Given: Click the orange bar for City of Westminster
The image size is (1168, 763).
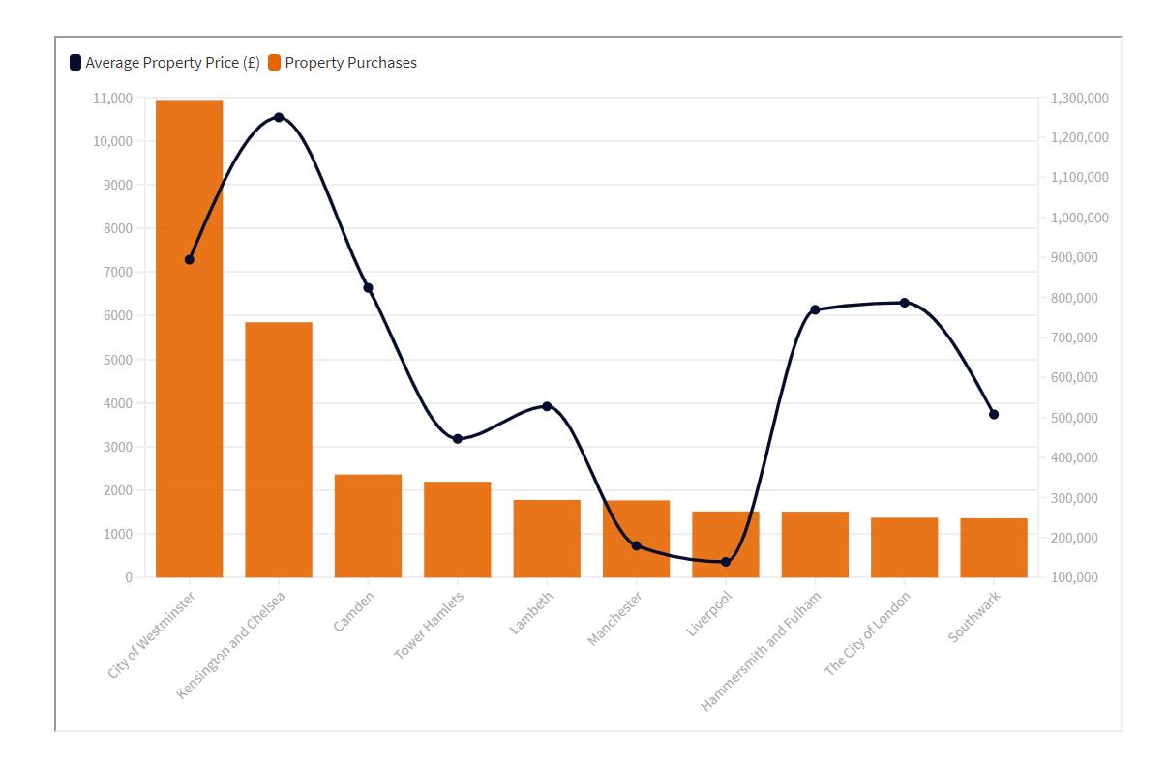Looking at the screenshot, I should (189, 338).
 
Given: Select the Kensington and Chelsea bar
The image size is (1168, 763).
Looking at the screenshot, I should (279, 450).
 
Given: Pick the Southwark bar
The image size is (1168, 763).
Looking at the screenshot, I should (994, 547).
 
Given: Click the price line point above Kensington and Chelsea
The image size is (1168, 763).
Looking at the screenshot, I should (279, 117).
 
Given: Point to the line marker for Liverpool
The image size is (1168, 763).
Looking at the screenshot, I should (726, 562).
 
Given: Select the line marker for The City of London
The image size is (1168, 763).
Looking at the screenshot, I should (905, 303).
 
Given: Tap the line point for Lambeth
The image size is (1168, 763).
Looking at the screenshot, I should (547, 406).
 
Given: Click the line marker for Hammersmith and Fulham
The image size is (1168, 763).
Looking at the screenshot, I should (815, 309).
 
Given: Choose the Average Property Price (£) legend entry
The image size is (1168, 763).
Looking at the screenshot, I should (165, 63).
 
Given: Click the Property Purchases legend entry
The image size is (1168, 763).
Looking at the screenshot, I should (343, 63).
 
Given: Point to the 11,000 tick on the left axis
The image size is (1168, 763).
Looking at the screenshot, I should (113, 98).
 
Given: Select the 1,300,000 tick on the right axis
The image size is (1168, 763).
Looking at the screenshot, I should (1079, 98).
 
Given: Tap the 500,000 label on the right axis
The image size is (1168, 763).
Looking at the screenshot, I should (1074, 418).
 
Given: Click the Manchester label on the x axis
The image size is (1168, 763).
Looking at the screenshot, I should (615, 619).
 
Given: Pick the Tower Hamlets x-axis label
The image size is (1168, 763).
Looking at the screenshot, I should (430, 625).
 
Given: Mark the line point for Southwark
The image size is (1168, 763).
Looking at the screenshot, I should (994, 414).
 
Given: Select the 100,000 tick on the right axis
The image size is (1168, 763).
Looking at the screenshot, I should (1074, 577).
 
